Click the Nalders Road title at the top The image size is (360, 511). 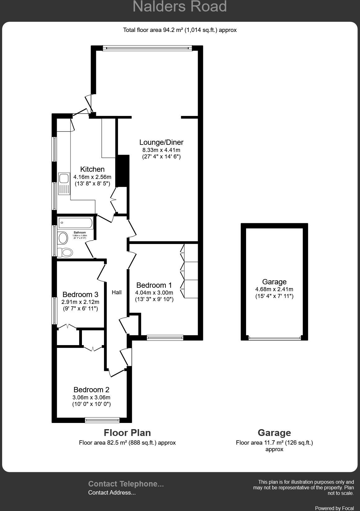point(180,7)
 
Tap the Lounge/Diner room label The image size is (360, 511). point(161,142)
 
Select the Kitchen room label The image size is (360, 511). point(92,169)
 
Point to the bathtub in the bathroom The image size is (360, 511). point(75,223)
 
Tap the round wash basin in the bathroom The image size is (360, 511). point(63,238)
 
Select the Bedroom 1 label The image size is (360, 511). point(154,285)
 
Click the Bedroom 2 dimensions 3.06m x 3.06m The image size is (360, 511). point(92,398)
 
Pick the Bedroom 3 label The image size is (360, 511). point(80,295)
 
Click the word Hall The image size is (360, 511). point(117,292)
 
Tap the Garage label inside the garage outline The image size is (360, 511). point(274,282)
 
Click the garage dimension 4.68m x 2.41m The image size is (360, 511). point(274,289)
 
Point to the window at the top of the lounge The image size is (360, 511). point(147,48)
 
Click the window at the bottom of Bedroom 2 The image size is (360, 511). point(102,420)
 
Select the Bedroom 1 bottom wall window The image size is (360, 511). point(165,338)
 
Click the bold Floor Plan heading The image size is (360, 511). point(127,433)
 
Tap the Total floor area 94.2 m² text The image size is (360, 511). point(180,30)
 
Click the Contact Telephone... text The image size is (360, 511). point(126,484)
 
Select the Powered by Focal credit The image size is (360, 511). point(334,508)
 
